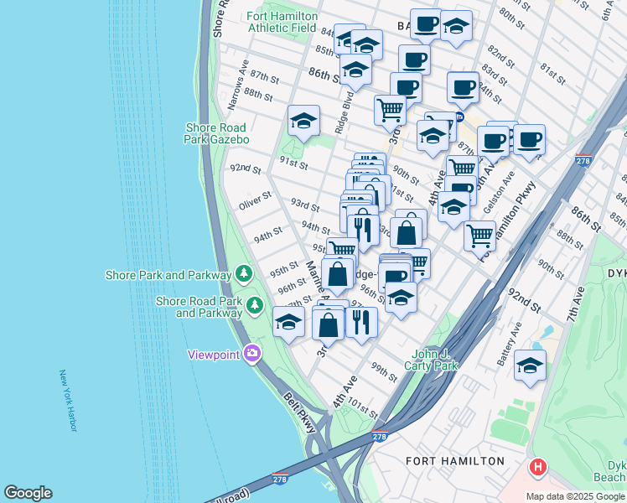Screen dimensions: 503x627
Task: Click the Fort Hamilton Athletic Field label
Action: tap(282, 21)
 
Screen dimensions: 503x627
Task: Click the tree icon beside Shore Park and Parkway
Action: tap(244, 274)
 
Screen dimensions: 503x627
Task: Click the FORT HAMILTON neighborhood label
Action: tap(455, 461)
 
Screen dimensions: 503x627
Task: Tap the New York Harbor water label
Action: tap(68, 402)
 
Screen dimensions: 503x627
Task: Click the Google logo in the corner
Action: tap(28, 493)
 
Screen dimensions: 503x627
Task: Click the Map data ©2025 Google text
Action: tap(575, 496)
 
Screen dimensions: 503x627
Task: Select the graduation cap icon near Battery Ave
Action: tap(530, 366)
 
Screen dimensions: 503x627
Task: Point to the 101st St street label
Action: tap(364, 411)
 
